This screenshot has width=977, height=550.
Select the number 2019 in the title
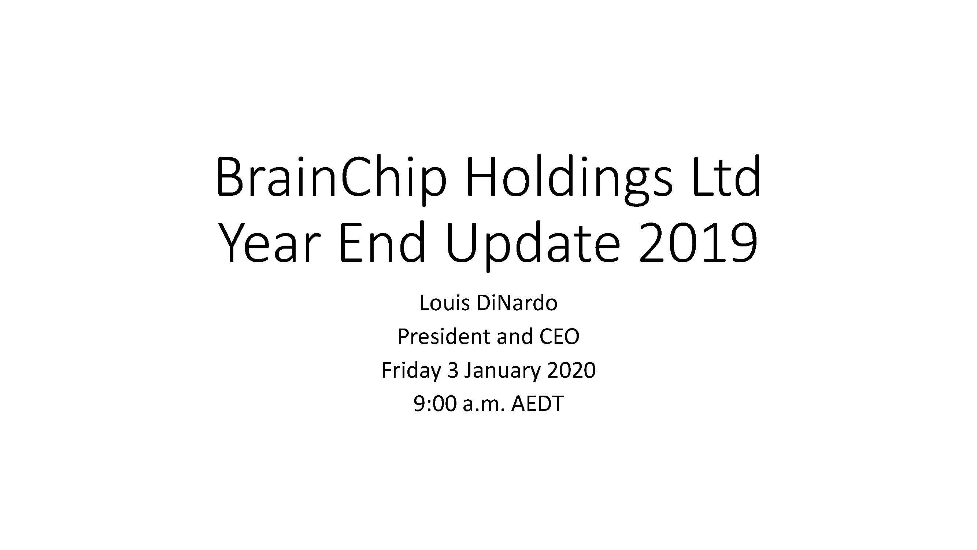[x=698, y=242]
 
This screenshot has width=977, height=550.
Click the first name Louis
[x=442, y=303]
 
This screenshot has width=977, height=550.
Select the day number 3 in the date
[x=452, y=370]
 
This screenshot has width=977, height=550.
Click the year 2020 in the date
[x=571, y=370]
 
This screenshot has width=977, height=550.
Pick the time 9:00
[x=434, y=403]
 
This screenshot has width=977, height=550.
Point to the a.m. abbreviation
[x=484, y=406]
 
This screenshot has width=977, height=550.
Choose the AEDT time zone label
[x=537, y=403]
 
